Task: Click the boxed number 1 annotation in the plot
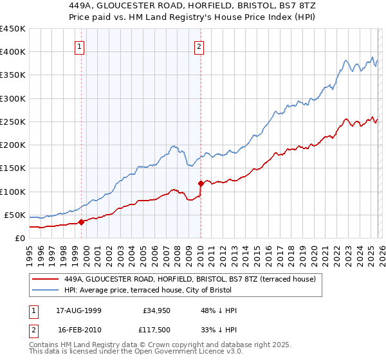click(79, 46)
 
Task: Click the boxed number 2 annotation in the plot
click(199, 46)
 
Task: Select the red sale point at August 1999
click(81, 222)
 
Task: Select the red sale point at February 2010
click(201, 183)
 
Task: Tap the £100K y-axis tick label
click(13, 192)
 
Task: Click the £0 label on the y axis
click(19, 238)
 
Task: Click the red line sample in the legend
click(45, 280)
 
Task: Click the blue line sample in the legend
click(45, 291)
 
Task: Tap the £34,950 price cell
click(156, 310)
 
